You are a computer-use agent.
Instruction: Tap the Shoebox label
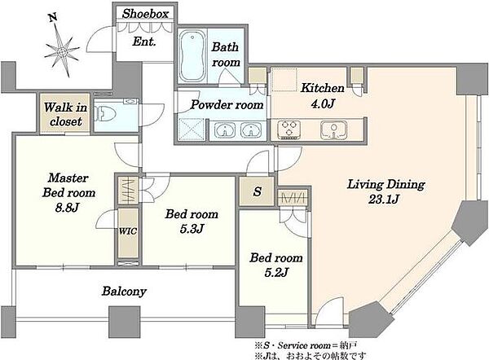(x=145, y=14)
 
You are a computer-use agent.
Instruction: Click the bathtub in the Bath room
(x=192, y=55)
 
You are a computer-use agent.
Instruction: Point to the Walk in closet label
(x=65, y=114)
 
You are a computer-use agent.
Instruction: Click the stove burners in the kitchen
(x=289, y=130)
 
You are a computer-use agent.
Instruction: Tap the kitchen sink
(x=334, y=130)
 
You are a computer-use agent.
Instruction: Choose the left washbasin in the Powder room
(x=225, y=130)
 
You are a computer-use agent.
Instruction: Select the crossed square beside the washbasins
(x=191, y=130)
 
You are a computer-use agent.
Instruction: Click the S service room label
(x=258, y=191)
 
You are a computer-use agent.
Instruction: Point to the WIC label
(x=128, y=231)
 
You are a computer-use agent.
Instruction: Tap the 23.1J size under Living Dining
(x=384, y=200)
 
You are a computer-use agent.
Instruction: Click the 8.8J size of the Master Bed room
(x=67, y=207)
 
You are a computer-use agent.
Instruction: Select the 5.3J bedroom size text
(x=192, y=229)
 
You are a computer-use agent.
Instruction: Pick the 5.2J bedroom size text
(x=276, y=272)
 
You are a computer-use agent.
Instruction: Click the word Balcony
(x=124, y=292)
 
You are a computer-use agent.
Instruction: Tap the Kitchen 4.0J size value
(x=323, y=103)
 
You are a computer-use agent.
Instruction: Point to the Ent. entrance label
(x=144, y=42)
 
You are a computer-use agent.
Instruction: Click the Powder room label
(x=227, y=105)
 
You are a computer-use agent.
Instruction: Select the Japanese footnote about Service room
(x=306, y=345)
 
